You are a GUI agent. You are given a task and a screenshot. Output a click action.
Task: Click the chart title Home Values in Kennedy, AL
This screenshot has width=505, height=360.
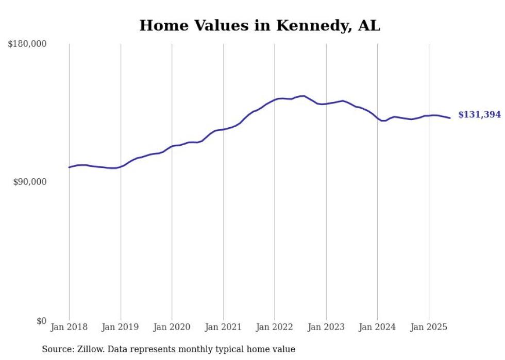[260, 25]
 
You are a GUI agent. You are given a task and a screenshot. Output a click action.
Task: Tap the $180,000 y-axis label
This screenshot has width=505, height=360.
[27, 44]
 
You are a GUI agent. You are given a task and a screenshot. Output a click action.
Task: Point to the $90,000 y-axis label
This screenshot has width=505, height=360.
[30, 182]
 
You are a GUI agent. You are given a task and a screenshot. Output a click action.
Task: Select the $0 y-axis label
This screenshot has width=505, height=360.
[41, 321]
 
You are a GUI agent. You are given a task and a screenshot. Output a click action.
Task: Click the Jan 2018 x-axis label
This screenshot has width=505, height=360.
[69, 327]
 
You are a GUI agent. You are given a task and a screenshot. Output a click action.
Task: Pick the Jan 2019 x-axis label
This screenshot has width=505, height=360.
[121, 327]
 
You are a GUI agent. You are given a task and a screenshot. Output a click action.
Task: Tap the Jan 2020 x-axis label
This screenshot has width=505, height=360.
[172, 327]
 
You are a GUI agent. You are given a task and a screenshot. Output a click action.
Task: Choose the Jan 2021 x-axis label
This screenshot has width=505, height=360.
[223, 327]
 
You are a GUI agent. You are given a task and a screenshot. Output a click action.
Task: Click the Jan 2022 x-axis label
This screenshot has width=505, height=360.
[275, 327]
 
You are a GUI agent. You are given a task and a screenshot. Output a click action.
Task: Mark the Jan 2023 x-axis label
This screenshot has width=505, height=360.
[326, 327]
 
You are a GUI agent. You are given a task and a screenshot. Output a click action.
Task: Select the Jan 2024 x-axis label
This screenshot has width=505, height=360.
[377, 327]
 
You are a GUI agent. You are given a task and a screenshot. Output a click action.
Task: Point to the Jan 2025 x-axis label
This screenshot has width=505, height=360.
[429, 327]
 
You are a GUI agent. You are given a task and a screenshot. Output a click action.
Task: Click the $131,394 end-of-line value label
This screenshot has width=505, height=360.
[479, 115]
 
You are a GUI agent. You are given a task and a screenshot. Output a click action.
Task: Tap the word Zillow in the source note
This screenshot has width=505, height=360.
[90, 349]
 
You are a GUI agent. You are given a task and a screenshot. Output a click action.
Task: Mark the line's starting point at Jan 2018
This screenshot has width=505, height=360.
[69, 167]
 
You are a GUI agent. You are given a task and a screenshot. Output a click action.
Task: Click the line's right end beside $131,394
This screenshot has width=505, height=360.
[450, 118]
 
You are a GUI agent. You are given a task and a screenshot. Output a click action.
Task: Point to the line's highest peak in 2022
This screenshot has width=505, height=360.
[304, 96]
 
